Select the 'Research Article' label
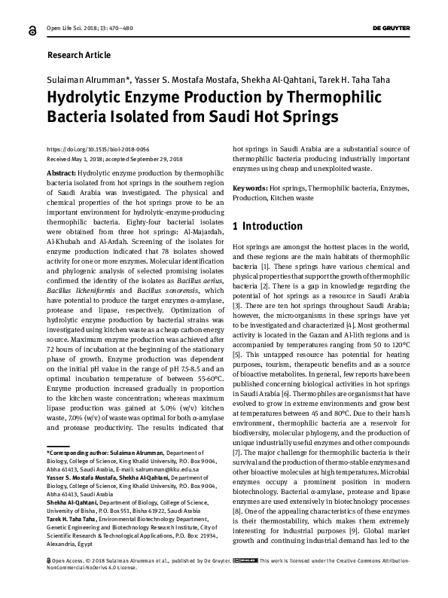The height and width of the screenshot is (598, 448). coord(78,55)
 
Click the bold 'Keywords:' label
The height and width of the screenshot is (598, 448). coord(251,187)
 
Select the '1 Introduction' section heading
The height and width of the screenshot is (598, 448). coord(267,226)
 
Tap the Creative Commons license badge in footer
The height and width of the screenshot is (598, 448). coord(246,581)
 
